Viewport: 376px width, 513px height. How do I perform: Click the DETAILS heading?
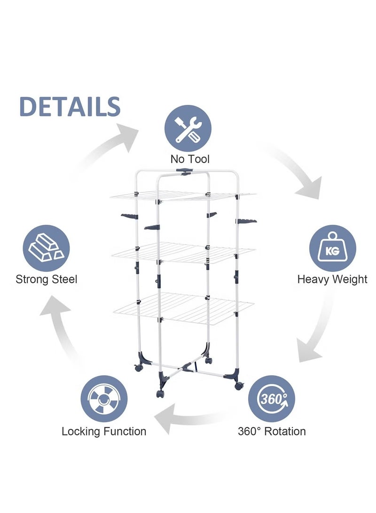pos(70,107)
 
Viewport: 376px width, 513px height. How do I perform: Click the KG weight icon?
pos(332,248)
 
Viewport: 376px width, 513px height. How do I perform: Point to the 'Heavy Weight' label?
pos(332,279)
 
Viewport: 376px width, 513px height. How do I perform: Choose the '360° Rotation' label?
pos(272,431)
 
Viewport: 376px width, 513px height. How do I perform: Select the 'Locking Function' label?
pos(104,431)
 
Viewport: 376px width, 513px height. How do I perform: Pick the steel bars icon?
pos(46,248)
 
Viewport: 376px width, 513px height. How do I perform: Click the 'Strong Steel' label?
pos(47,279)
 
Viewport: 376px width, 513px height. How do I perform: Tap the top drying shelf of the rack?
pos(183,196)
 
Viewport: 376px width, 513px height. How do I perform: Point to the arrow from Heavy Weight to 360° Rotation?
pos(317,336)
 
